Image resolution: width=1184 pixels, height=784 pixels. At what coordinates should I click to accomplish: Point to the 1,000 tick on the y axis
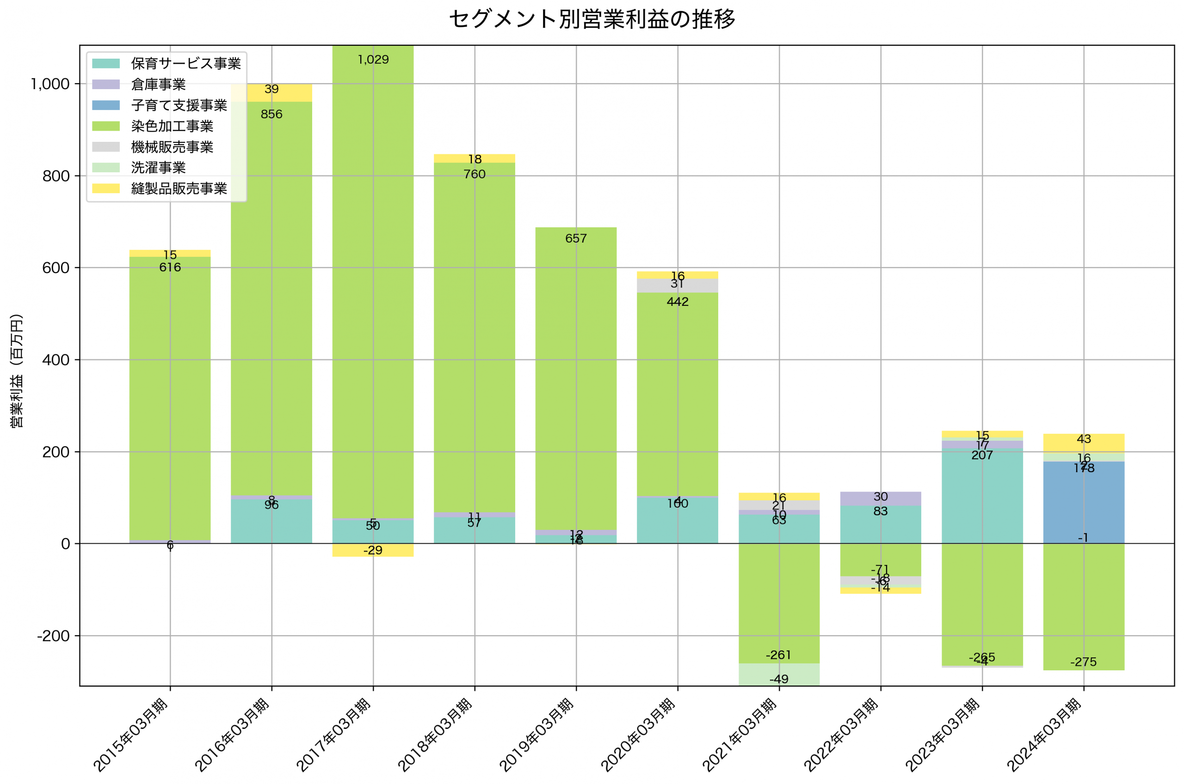[50, 84]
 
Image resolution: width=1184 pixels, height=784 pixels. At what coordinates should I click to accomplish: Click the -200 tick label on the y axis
[53, 636]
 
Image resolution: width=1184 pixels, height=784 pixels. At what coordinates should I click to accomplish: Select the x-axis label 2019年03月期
[536, 735]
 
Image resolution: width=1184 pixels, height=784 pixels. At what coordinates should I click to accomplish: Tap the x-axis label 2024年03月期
[1044, 735]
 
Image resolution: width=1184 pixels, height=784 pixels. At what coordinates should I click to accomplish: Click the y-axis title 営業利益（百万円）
[17, 371]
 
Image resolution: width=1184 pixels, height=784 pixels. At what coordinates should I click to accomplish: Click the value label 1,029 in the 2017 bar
[373, 60]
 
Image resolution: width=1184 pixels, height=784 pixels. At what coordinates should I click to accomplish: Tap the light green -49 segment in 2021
[779, 675]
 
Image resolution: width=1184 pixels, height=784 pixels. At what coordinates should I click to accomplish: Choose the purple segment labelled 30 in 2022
[880, 498]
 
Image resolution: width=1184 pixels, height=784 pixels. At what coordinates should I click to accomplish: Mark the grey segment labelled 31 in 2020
[677, 286]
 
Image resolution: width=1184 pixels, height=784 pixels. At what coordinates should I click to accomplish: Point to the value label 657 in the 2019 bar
[575, 238]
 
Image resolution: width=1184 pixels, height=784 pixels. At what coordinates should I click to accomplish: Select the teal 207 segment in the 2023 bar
[982, 500]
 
